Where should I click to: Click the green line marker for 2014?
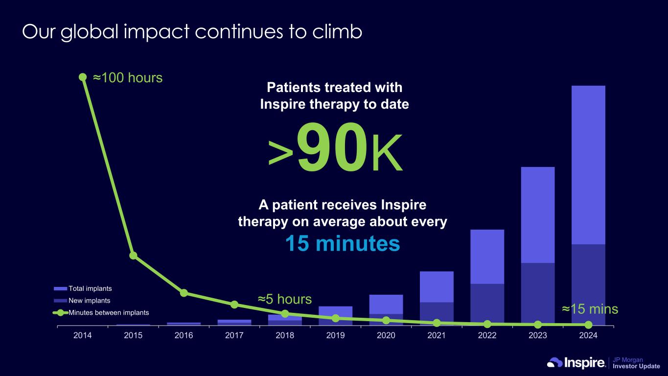click(x=83, y=77)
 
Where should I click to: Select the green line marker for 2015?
click(x=133, y=256)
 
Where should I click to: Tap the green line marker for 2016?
click(x=184, y=293)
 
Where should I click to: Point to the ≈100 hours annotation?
click(x=128, y=78)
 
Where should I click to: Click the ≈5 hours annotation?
click(x=285, y=299)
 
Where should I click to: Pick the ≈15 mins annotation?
click(x=590, y=309)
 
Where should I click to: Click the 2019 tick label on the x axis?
click(x=336, y=335)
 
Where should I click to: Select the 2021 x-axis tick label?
click(x=437, y=335)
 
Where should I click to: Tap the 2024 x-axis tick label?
click(x=588, y=335)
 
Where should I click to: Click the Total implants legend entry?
click(x=83, y=288)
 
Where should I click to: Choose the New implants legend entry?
click(x=82, y=301)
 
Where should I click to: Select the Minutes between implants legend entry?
click(x=101, y=313)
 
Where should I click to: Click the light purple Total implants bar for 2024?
click(x=588, y=165)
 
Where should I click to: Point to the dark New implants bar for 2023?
click(x=538, y=294)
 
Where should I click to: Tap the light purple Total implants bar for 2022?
click(x=487, y=257)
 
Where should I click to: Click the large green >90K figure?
click(x=335, y=147)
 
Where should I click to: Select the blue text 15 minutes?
click(x=343, y=243)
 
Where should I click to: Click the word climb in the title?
click(x=337, y=32)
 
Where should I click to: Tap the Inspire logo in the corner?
click(x=576, y=363)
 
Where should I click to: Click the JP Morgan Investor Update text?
click(x=636, y=363)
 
